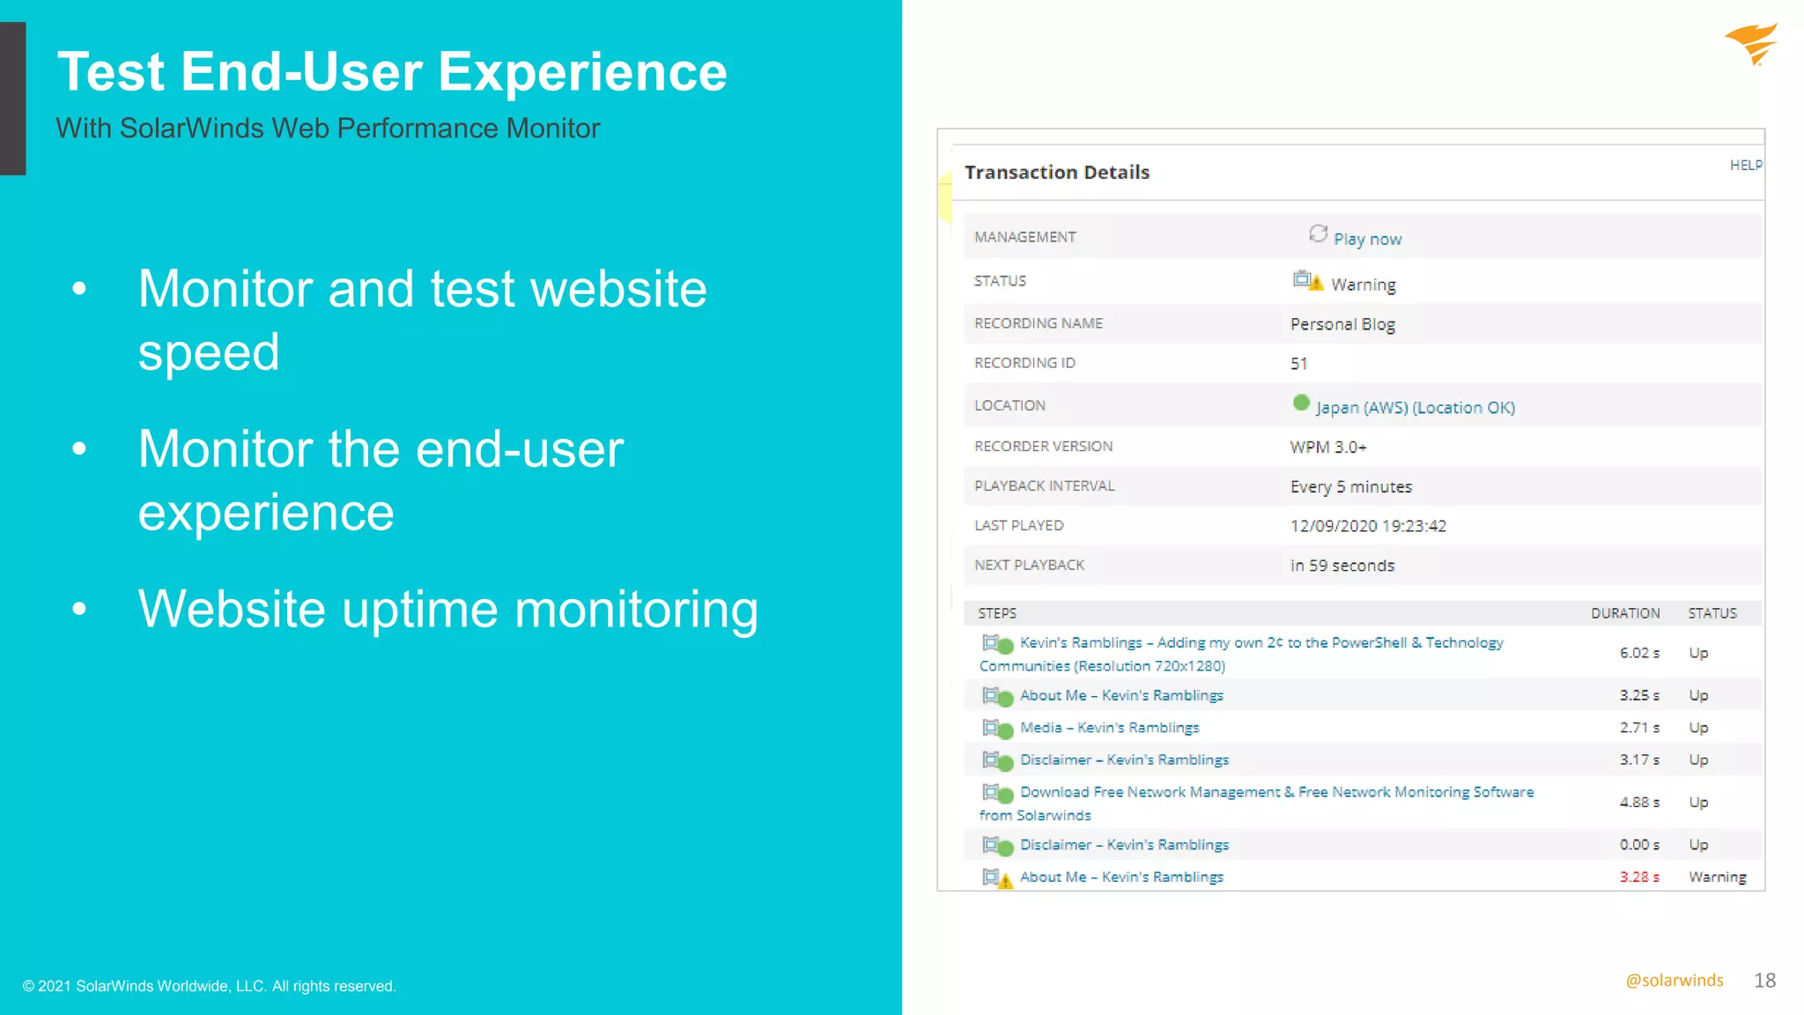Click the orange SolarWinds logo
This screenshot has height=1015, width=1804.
click(1751, 44)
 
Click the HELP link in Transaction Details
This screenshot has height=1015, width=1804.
click(1745, 165)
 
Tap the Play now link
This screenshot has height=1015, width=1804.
click(1366, 239)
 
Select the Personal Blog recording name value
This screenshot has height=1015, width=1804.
click(1342, 324)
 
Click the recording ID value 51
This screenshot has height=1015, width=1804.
click(1298, 364)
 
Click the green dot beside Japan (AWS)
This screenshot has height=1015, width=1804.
click(1301, 404)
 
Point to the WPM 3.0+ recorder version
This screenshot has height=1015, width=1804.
click(1328, 447)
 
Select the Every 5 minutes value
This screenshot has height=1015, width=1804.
click(1350, 486)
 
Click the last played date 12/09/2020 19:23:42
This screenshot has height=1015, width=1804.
click(1367, 526)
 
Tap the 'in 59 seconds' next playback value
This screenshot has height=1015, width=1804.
click(1342, 566)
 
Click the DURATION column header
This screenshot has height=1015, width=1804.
click(1624, 613)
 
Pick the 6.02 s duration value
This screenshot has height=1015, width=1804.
click(1638, 653)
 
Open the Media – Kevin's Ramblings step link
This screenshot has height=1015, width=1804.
click(1109, 728)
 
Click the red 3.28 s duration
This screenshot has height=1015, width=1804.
click(1638, 878)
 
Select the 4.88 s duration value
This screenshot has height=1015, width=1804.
click(1638, 803)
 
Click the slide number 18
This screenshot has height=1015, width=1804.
click(1764, 981)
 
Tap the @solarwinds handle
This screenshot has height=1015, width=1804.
click(1674, 981)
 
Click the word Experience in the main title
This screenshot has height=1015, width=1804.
click(582, 72)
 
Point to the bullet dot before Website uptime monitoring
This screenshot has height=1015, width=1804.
click(79, 609)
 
